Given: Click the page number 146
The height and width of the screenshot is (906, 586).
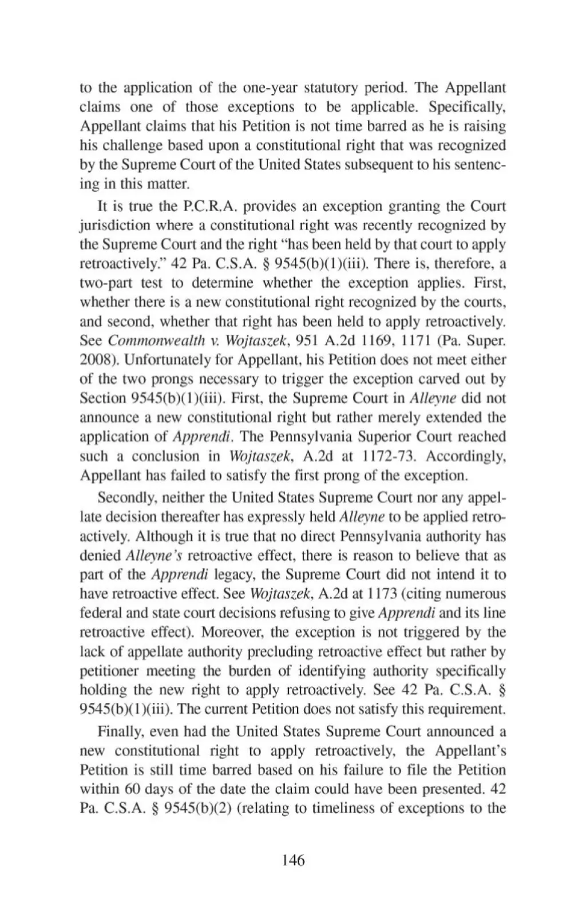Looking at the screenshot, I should (293, 860).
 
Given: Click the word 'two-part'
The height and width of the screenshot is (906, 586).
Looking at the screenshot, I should (102, 283).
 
